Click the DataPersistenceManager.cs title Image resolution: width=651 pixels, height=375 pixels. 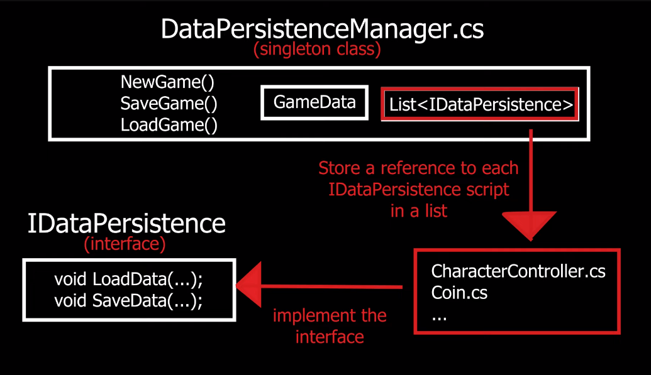(x=322, y=29)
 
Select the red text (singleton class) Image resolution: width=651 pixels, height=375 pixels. (x=317, y=50)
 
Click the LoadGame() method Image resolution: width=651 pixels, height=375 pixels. (x=169, y=125)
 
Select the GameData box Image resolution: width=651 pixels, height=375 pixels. (x=314, y=102)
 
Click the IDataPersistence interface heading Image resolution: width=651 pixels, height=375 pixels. (x=126, y=224)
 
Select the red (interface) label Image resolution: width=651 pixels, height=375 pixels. (x=125, y=244)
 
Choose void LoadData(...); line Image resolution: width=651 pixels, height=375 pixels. (x=128, y=278)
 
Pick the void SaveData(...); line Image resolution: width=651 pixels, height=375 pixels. (x=128, y=300)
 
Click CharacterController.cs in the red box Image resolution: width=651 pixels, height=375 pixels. (x=518, y=271)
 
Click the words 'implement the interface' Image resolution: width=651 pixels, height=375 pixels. (x=330, y=325)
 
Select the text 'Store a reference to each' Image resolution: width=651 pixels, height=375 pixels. (x=418, y=168)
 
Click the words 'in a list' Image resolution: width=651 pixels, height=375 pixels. (x=418, y=211)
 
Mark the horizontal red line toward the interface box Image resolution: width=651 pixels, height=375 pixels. (x=333, y=288)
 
